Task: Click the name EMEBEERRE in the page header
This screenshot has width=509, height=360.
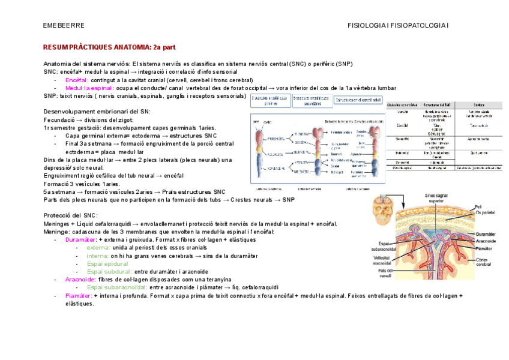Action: tap(64, 26)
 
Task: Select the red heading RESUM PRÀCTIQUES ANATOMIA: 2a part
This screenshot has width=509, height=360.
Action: tap(109, 46)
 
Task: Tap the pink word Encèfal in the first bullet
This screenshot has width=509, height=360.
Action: tap(77, 80)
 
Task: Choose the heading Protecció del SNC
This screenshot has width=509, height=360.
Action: tap(71, 215)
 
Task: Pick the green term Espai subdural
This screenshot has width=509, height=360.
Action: tap(109, 272)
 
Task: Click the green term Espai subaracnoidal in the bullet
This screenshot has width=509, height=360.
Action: tap(117, 287)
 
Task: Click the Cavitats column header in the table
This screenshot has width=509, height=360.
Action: tap(479, 104)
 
